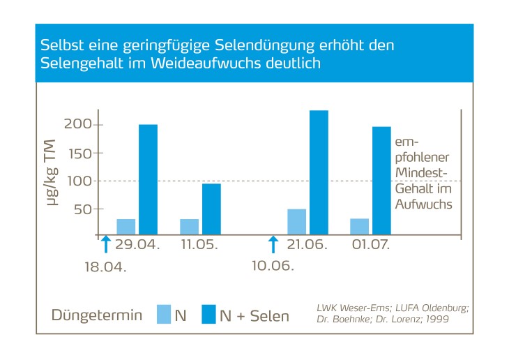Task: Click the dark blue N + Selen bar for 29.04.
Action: tap(148, 179)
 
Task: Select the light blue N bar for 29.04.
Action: tap(126, 227)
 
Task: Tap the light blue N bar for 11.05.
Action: tap(189, 227)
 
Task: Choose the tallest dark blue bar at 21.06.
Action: tap(319, 172)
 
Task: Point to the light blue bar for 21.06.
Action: tap(297, 221)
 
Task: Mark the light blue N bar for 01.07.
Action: tap(359, 227)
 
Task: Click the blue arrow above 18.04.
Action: tap(105, 243)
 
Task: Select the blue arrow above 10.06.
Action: tap(273, 243)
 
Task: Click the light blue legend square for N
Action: tap(164, 315)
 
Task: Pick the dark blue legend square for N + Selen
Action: tap(208, 315)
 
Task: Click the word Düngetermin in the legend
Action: tap(97, 315)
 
